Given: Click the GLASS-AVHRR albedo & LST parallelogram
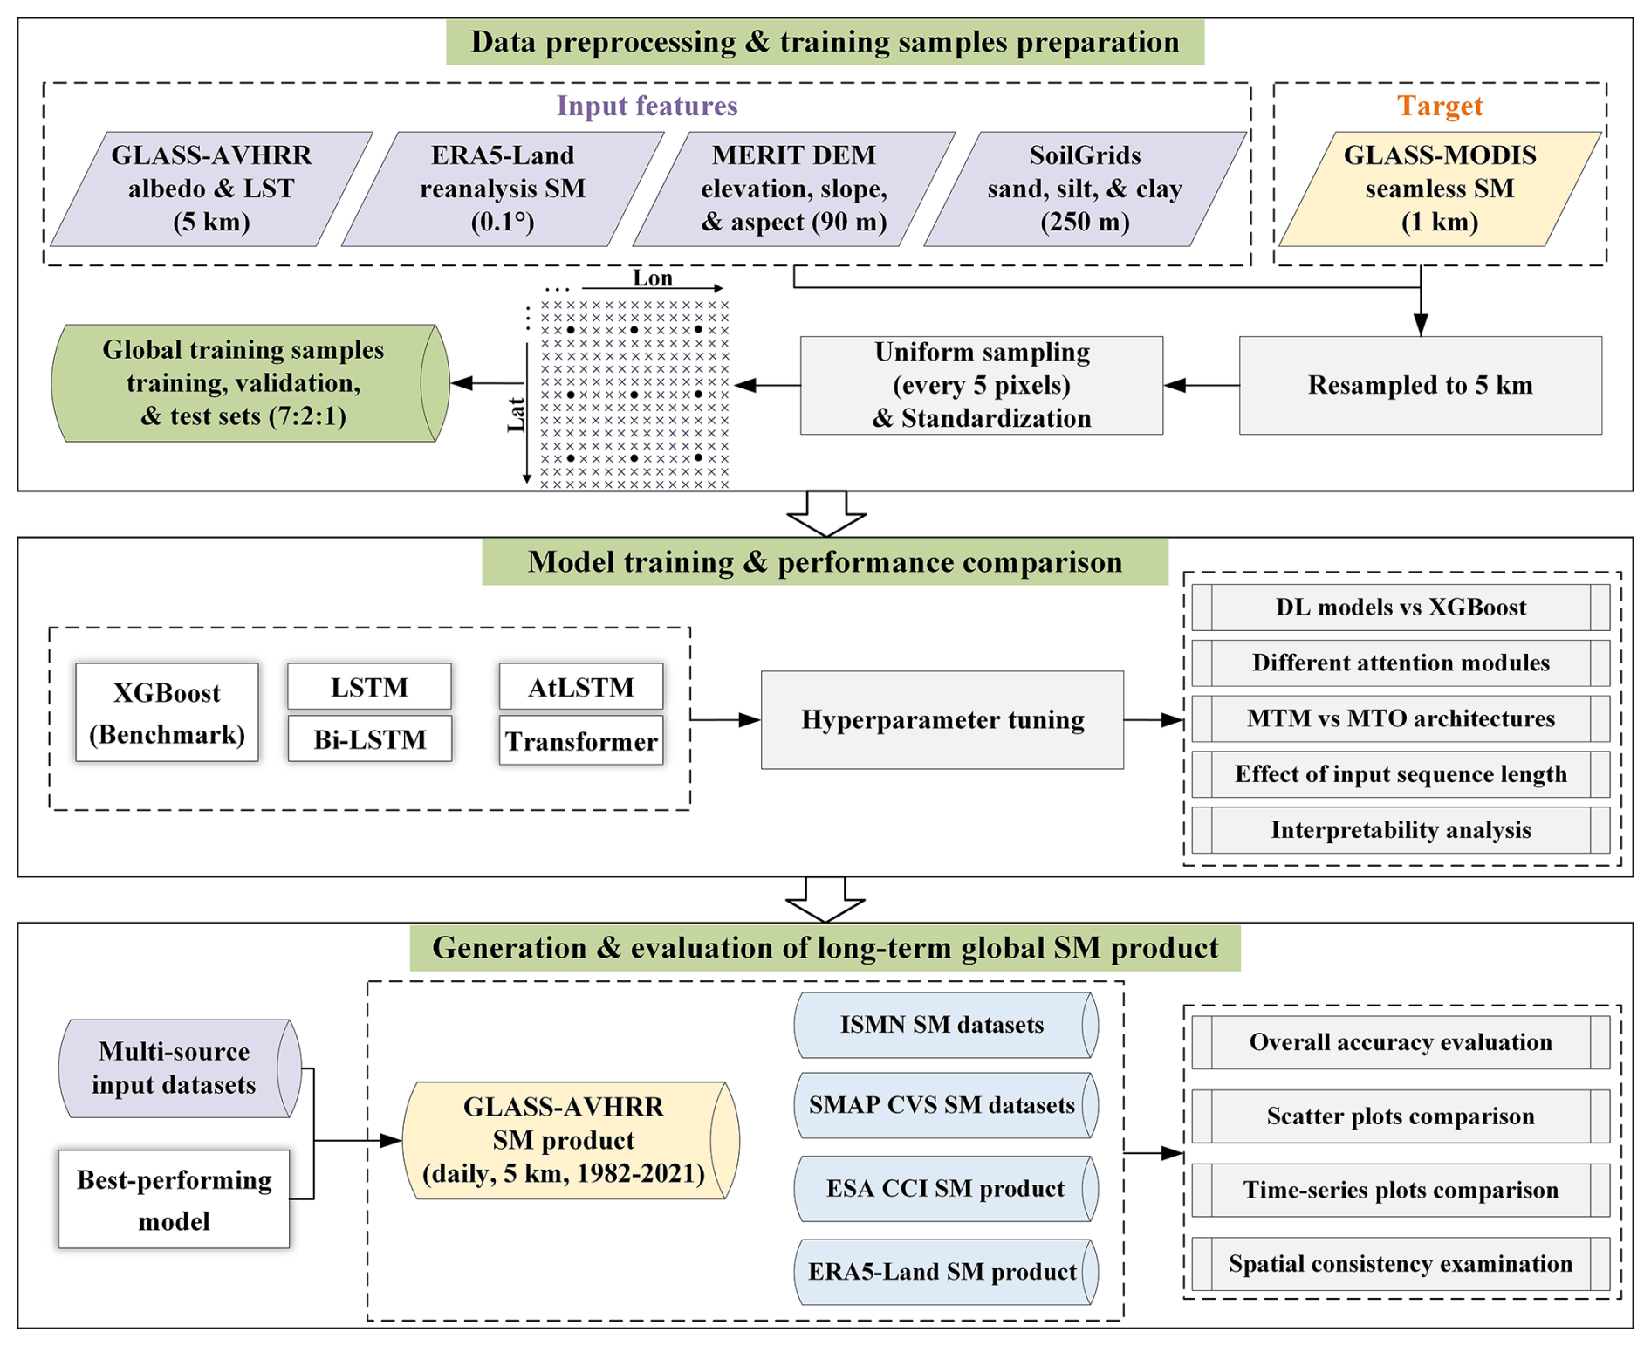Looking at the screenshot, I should coord(211,189).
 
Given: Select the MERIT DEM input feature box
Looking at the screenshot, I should coord(793,189).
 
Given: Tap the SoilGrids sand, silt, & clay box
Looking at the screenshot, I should coord(1085,189).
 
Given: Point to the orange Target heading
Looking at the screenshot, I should coord(1439,106).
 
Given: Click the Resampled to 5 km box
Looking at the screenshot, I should coord(1420,385).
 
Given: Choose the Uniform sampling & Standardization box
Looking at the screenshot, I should coord(981,385).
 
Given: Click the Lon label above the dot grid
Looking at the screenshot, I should coord(653,278).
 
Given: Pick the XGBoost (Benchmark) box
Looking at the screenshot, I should coord(167,712).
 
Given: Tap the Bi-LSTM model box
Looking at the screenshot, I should coord(369,739).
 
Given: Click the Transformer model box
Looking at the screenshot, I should coord(581,741).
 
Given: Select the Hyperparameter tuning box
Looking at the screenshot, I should coord(942,720).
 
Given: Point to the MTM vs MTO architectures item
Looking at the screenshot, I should coord(1400,718).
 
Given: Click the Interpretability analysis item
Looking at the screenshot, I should coord(1400,829).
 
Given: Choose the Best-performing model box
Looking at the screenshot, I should coord(174,1199).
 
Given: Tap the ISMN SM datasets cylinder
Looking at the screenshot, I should coord(942,1025).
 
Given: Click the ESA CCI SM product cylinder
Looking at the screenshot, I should coord(944,1189).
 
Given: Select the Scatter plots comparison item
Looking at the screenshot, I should coord(1400,1116).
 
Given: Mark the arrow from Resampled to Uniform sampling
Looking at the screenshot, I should coord(1201,385).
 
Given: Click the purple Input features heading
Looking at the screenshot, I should coord(647,106).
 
